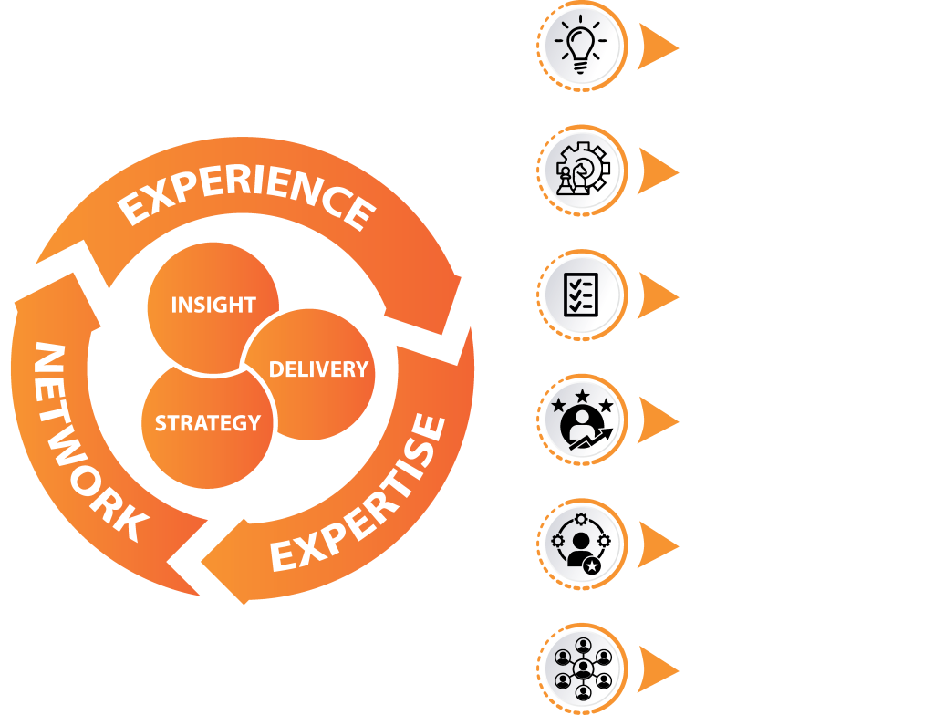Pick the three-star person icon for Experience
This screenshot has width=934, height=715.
click(582, 419)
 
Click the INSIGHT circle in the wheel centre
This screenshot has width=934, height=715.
click(213, 305)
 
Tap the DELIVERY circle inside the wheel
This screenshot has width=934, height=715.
click(318, 369)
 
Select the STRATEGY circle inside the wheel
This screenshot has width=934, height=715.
click(208, 423)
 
